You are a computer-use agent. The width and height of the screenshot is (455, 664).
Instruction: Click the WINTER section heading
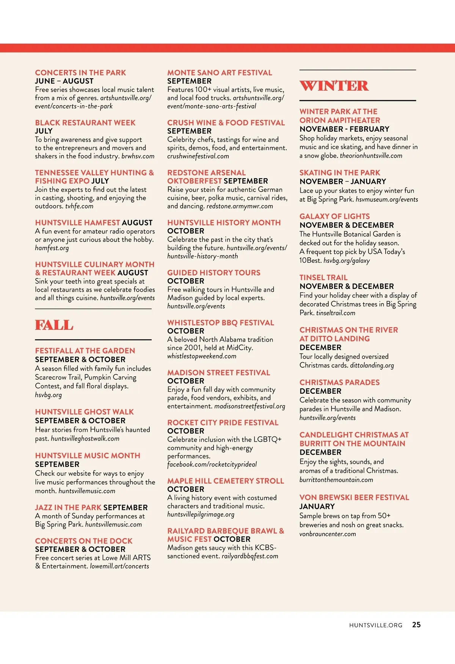pos(334,86)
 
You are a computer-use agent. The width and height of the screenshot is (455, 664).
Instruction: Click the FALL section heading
pos(54,325)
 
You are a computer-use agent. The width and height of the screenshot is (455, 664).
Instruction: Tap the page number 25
pos(416,625)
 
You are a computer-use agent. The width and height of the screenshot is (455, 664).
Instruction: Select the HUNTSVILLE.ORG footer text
pos(375,625)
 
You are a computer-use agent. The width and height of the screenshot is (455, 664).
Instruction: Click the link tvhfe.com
pos(79,206)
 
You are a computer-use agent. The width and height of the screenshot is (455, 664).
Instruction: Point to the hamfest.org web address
pos(52,248)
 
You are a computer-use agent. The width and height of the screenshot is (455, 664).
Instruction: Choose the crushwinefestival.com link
pos(198,156)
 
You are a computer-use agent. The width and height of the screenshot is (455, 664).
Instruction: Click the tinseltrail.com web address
pos(336,313)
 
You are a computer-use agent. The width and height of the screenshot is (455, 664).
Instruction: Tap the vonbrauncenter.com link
pos(328,534)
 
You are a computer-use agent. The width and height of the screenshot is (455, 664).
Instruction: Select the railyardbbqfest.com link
pos(250,556)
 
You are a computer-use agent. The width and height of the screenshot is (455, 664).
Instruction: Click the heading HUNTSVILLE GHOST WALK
pos(84,412)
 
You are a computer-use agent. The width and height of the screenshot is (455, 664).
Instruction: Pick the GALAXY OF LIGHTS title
pos(334,217)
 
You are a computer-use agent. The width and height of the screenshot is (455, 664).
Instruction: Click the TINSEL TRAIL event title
pos(323,277)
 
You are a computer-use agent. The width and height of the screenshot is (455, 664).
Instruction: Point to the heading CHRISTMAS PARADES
pos(339,382)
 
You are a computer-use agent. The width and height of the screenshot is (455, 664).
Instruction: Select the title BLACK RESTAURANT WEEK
pos(85,123)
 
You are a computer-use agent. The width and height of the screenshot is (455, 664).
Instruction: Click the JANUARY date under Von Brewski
pos(317,507)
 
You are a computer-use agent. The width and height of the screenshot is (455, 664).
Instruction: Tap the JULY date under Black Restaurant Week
pos(44,131)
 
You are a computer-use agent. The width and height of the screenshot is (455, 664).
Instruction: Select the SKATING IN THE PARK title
pos(340,173)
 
